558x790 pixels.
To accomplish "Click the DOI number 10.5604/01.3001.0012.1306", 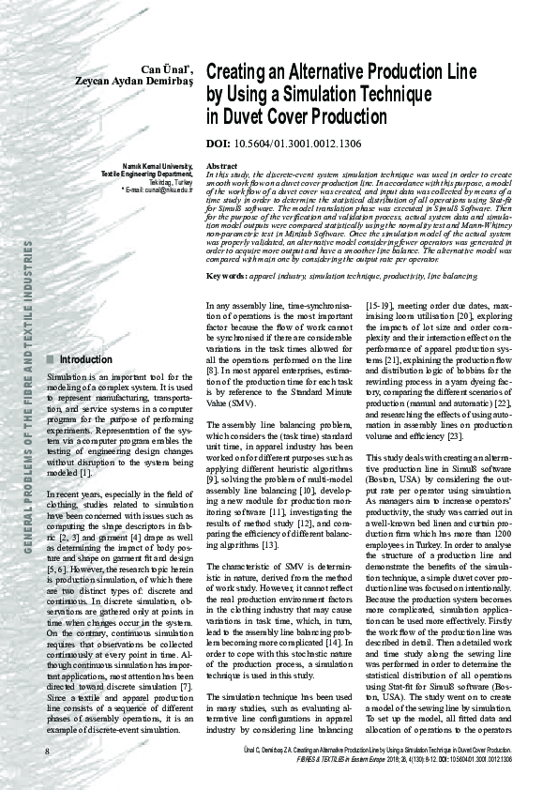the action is coord(283,145).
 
